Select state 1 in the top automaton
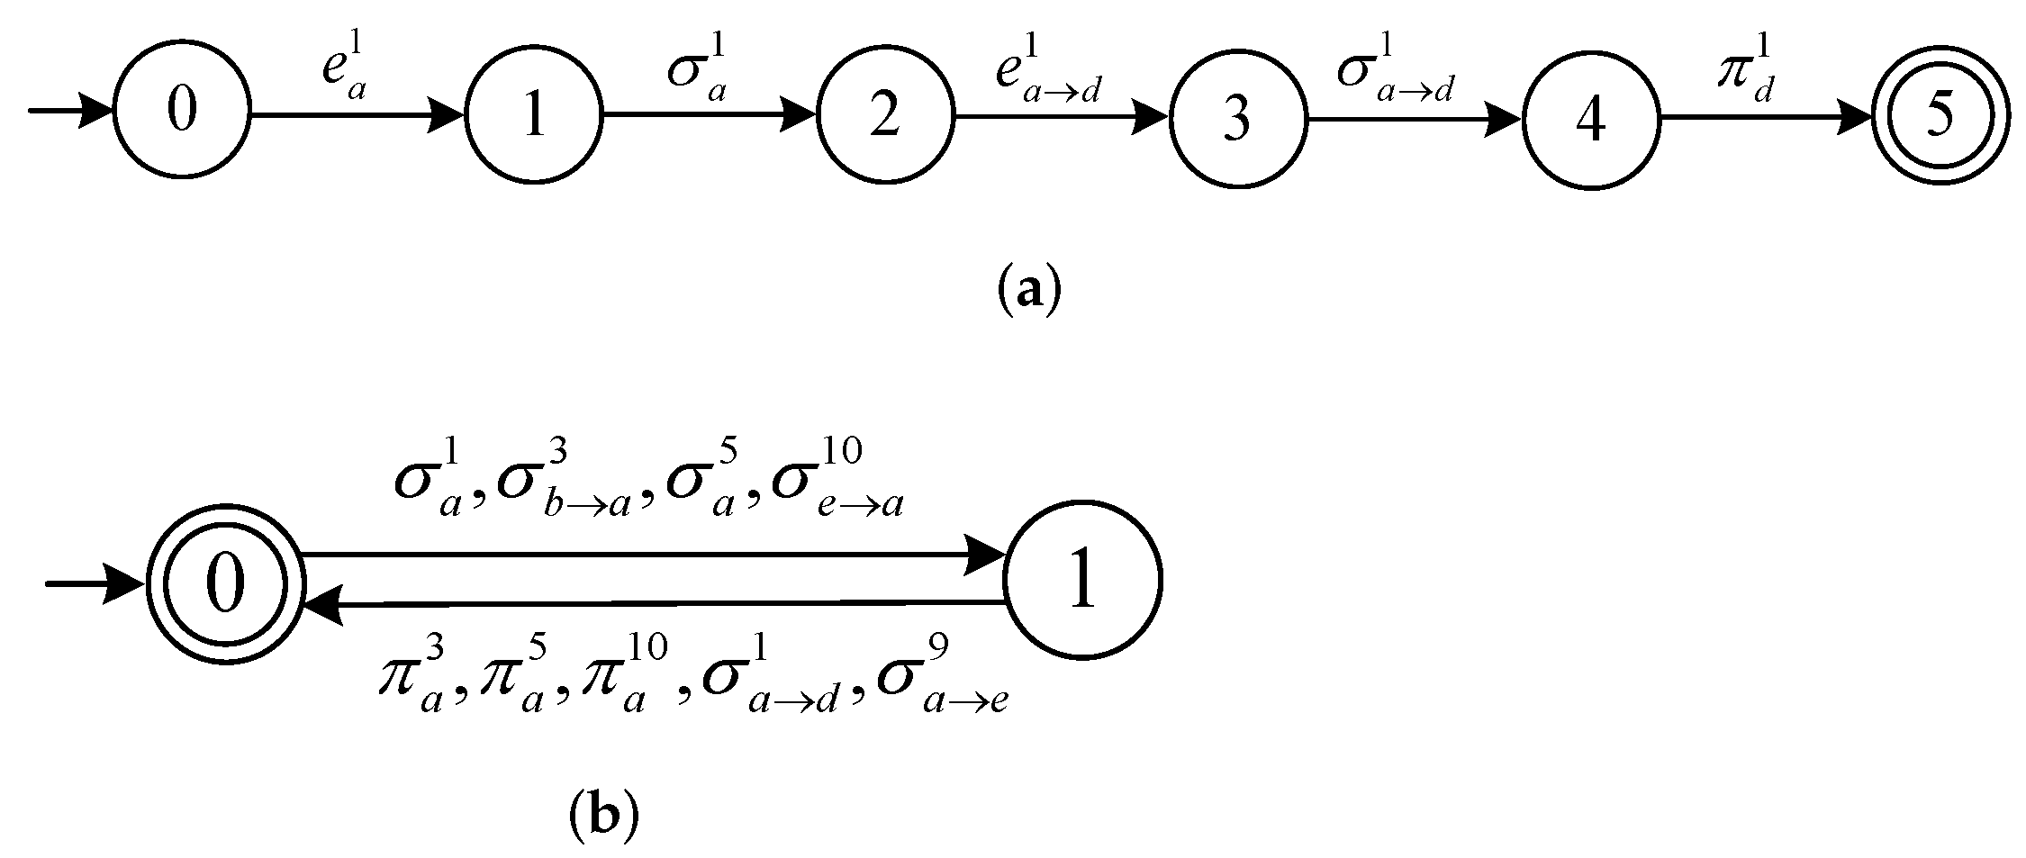pyautogui.click(x=533, y=115)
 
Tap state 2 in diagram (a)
pyautogui.click(x=885, y=116)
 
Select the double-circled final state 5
pyautogui.click(x=1941, y=118)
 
